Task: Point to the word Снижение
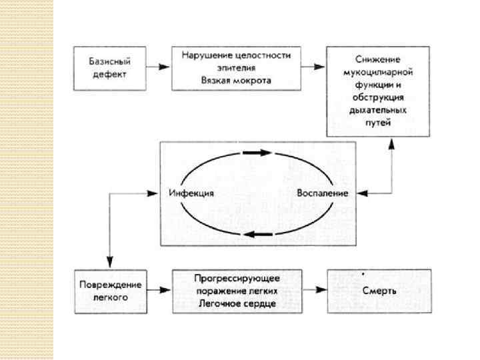378,59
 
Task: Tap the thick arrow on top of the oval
257,153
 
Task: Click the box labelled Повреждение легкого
109,291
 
